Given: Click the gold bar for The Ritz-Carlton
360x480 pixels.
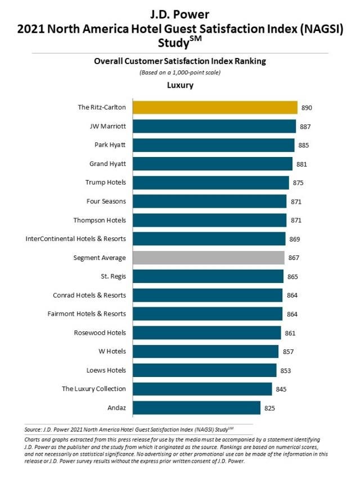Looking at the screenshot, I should (214, 107).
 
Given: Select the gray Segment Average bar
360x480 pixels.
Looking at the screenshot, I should (208, 258).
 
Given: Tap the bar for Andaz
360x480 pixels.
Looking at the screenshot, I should (196, 408).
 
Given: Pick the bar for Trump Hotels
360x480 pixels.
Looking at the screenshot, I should (210, 183).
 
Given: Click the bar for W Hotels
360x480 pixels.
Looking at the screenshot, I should (205, 352).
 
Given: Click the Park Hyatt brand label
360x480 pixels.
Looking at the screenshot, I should (110, 145).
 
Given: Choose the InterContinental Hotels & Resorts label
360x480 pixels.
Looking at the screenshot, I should (75, 239).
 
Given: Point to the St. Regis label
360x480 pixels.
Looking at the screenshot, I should (112, 276).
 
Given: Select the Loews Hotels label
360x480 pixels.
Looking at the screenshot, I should (107, 370).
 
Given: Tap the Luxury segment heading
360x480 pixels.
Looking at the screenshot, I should (180, 86).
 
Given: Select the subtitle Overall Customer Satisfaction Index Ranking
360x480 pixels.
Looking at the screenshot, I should (180, 62).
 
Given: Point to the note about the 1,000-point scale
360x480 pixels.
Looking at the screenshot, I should (180, 73).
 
